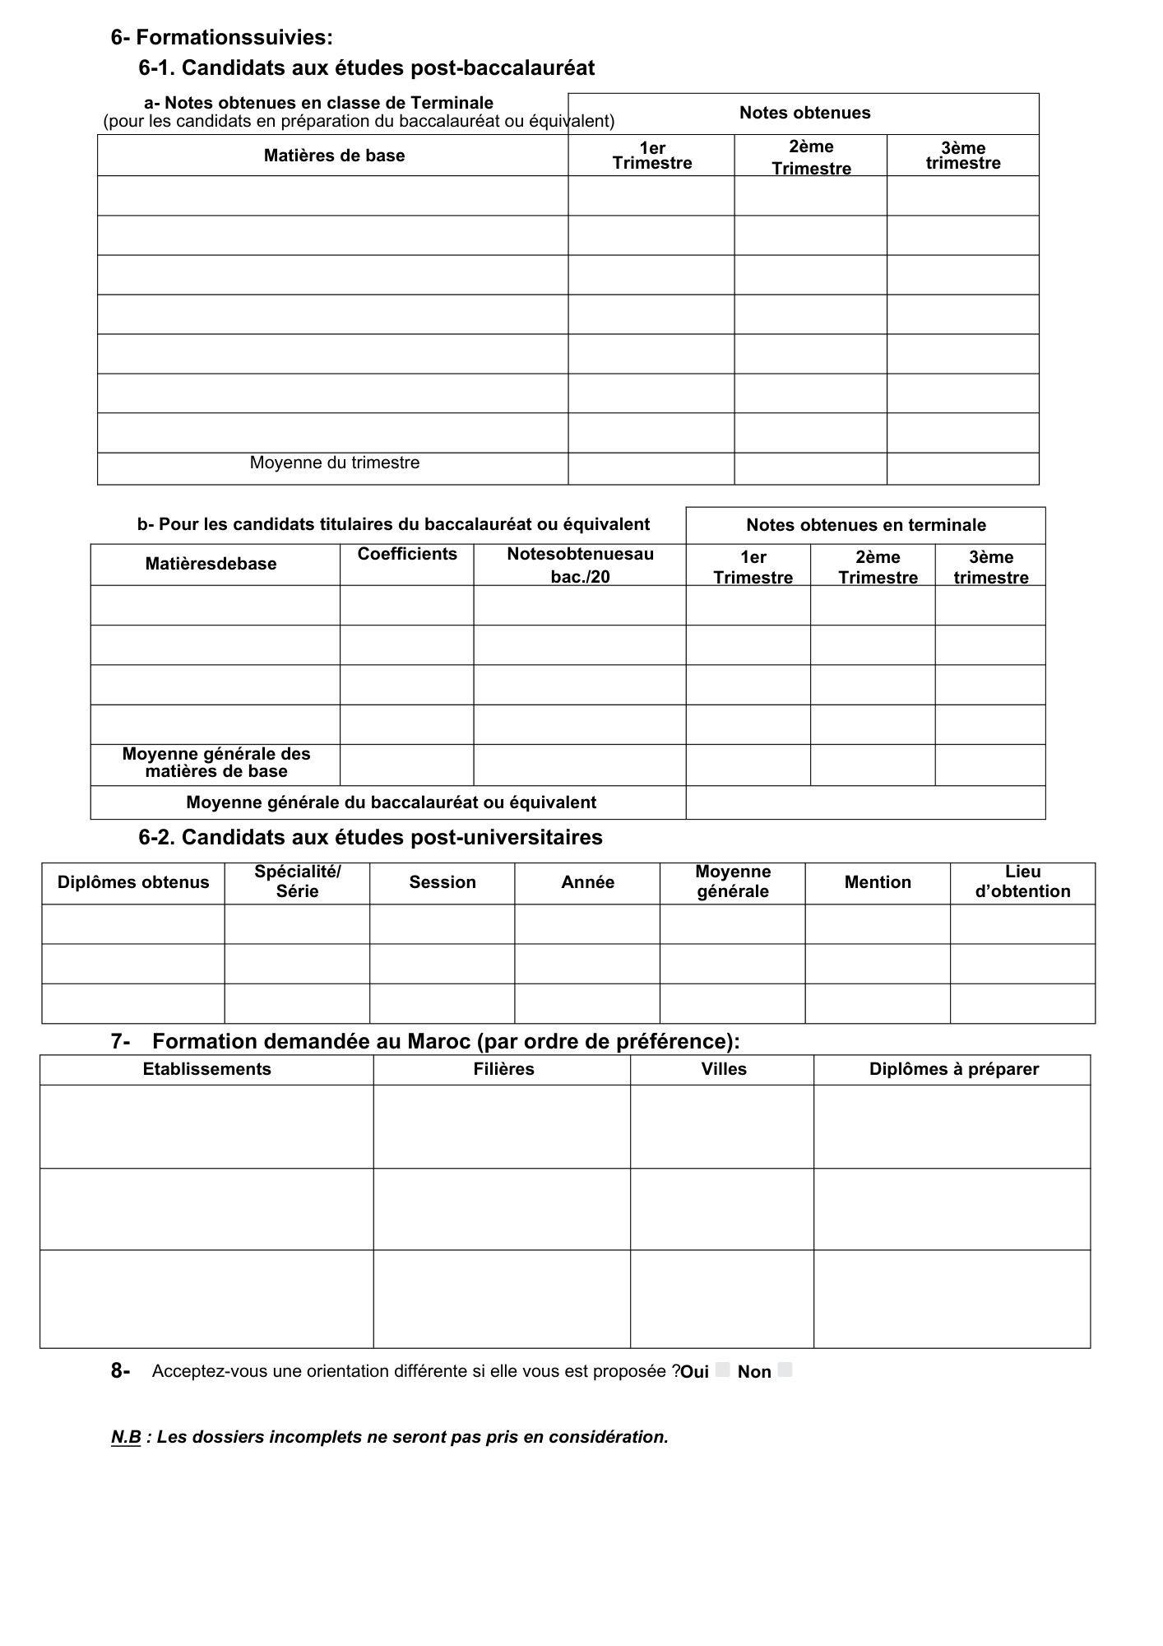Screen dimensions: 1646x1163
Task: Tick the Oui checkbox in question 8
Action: tap(722, 1369)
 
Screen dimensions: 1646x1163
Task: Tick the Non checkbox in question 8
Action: tap(785, 1369)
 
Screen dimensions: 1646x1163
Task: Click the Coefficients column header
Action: tap(407, 554)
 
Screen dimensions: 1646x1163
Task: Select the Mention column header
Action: tap(878, 882)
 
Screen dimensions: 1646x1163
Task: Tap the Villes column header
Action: tap(724, 1069)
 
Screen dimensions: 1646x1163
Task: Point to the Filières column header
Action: tap(503, 1069)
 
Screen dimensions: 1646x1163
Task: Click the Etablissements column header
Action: tap(206, 1069)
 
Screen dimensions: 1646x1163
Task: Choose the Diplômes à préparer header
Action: tap(953, 1069)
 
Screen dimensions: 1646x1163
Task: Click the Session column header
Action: tap(442, 882)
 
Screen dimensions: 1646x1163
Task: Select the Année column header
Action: tap(587, 882)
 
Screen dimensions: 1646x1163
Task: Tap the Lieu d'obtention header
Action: tap(1022, 881)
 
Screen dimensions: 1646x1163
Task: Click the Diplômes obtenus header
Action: tap(133, 882)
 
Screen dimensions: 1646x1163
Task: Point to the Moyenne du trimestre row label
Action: tap(335, 463)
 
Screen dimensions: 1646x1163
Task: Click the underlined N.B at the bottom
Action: tap(126, 1437)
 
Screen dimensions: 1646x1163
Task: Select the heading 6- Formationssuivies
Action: tap(222, 37)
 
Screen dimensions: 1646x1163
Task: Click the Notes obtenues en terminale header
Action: tap(866, 525)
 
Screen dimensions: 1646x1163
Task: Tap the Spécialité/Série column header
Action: tap(297, 881)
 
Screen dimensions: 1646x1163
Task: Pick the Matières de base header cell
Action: tap(334, 156)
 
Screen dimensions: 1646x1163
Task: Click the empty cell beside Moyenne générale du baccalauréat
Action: tap(865, 802)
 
